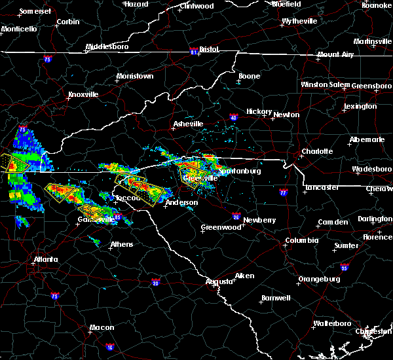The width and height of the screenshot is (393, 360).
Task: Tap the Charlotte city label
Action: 316,151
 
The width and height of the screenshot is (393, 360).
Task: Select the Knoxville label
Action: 83,94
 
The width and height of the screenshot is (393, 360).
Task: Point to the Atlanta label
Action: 46,259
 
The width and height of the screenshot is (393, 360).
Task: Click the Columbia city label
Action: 301,241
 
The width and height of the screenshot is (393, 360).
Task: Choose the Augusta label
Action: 219,281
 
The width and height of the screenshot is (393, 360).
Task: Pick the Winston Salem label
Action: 326,84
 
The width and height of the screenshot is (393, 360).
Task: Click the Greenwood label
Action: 221,227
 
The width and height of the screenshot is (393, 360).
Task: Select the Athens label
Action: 121,244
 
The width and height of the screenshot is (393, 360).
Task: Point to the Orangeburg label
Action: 319,279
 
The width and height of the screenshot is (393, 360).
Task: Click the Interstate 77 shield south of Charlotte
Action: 283,193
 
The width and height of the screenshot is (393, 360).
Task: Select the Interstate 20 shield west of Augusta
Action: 156,283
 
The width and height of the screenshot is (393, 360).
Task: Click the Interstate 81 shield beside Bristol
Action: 193,49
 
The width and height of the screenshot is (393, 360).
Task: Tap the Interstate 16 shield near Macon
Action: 109,347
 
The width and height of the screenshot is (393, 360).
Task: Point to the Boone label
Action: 249,76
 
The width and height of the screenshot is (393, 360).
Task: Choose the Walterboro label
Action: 332,323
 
